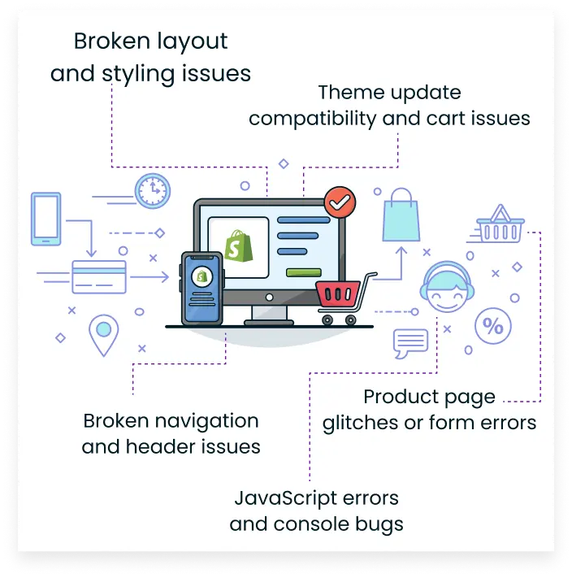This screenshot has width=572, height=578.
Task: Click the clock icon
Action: point(152,190)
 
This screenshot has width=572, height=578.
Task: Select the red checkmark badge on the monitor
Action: point(337,202)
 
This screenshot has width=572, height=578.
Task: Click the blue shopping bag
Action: point(401,215)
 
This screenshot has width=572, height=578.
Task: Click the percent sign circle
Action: point(492,326)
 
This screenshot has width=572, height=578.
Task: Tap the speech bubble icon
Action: point(410,343)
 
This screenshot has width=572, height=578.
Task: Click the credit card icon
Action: point(98,276)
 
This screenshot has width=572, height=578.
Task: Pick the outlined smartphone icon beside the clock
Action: point(46,218)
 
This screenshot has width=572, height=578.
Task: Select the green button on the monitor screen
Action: point(305,271)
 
